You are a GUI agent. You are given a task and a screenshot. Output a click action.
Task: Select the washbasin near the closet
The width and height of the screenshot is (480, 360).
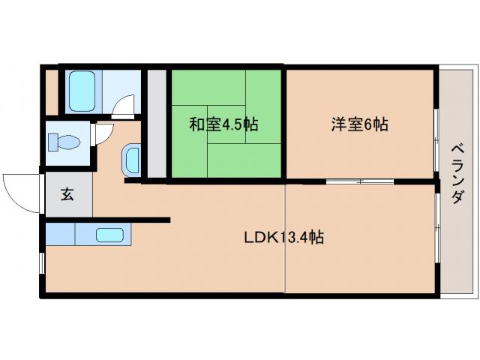[x=131, y=159]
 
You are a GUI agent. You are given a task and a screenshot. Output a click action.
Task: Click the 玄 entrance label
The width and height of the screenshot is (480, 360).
[x=67, y=194]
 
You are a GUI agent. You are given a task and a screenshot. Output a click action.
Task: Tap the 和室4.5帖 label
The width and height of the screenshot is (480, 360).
[x=223, y=124]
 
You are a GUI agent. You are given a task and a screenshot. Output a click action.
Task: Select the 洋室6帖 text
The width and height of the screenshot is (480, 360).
[x=358, y=124]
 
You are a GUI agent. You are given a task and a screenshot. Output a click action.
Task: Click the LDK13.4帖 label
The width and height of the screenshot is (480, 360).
[x=283, y=238]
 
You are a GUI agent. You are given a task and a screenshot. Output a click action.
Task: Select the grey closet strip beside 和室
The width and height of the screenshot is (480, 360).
[x=156, y=124]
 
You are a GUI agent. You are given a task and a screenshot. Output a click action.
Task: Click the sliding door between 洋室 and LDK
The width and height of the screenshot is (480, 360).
[x=360, y=181]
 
